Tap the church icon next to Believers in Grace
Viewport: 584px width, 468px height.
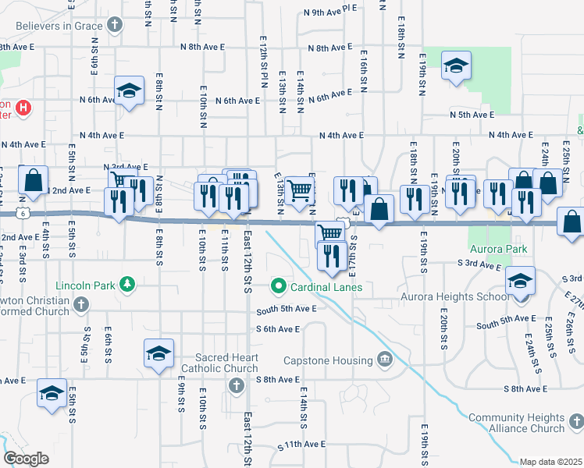tap(115, 26)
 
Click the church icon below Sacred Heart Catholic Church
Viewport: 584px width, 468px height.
tap(235, 385)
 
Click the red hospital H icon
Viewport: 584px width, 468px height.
tap(23, 107)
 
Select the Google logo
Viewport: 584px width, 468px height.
tap(26, 459)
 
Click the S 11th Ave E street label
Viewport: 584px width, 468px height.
tap(301, 444)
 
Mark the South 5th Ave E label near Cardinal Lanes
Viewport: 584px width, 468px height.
tap(287, 309)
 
